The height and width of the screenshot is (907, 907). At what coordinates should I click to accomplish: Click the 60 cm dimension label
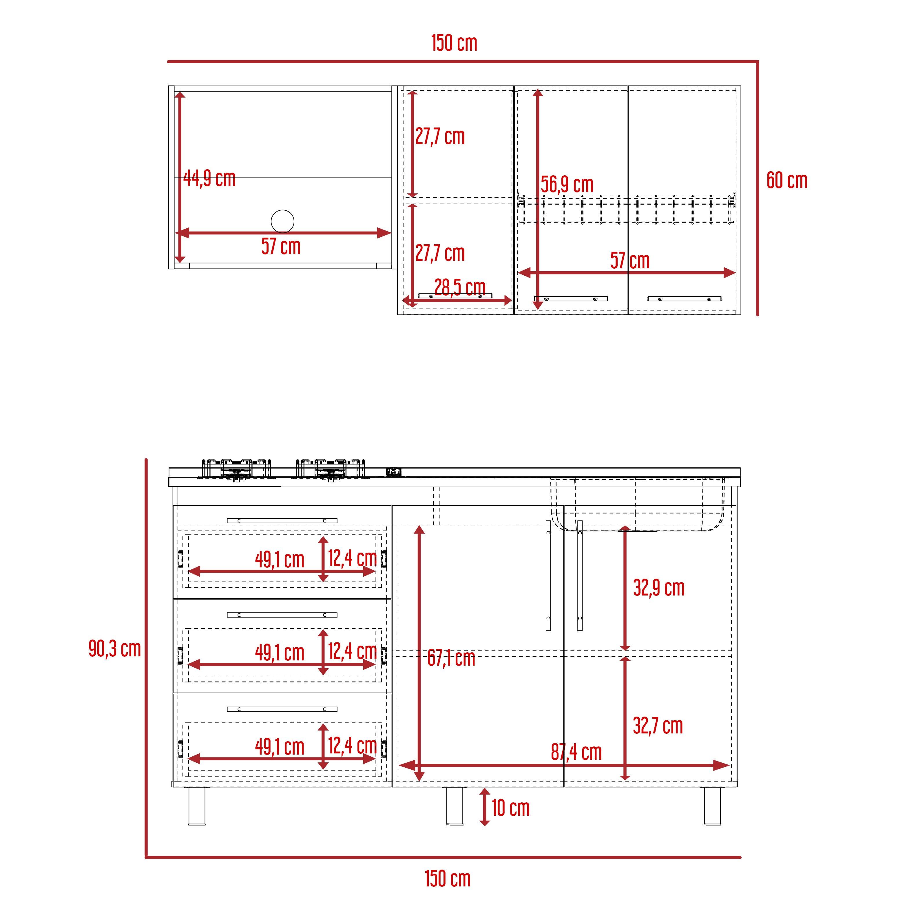tap(787, 181)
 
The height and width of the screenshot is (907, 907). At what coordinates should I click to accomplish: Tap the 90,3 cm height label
tap(115, 649)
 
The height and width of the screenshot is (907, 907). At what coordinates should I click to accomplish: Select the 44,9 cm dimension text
tap(209, 179)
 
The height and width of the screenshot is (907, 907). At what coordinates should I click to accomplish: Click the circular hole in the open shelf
tap(283, 221)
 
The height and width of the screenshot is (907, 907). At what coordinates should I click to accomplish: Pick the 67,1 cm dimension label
tap(451, 658)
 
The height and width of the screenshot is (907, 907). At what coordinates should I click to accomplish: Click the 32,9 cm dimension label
tap(659, 588)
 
